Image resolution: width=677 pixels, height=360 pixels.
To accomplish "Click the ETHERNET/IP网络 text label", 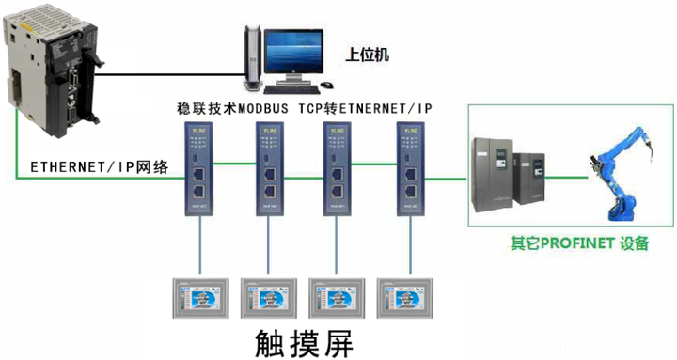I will (100, 167).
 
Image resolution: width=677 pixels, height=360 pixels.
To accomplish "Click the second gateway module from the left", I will (267, 167).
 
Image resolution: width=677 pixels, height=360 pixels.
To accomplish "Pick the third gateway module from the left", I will (334, 167).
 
